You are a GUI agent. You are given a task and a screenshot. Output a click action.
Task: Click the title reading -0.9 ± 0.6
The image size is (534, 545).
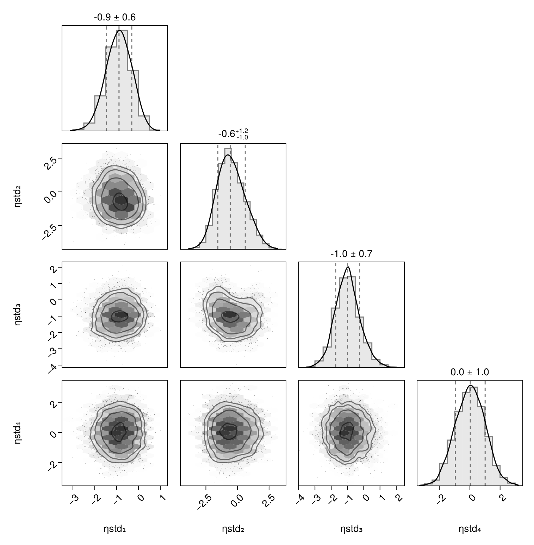pos(114,17)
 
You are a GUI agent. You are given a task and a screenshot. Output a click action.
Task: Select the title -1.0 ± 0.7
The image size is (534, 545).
pos(351,254)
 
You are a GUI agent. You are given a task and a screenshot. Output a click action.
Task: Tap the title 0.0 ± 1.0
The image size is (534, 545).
pos(470,372)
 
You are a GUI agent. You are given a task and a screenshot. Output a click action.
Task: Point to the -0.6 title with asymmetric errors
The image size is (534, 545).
pos(233,134)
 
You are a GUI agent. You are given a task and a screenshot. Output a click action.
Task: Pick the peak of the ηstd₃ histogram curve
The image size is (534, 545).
pos(348,267)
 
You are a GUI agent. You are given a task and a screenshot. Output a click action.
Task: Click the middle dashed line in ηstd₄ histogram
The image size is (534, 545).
pos(470,433)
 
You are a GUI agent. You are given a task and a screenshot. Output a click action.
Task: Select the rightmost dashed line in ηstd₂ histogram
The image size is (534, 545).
pos(245,197)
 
